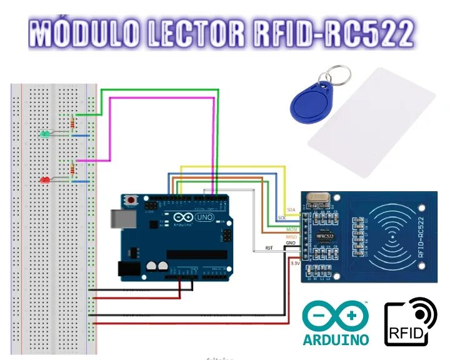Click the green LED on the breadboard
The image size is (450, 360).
pos(44,134)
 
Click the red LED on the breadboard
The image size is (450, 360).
pos(44,180)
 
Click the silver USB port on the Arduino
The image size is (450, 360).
pos(118,217)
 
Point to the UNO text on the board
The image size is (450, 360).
pos(205,217)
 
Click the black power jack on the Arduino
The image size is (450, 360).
pos(129,269)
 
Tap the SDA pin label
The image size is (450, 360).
pos(290,209)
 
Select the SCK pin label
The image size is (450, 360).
pos(281,217)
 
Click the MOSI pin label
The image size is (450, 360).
pos(292,230)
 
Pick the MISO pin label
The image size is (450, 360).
pos(292,237)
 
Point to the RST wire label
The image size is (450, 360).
pos(269,248)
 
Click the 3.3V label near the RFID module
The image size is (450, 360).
pos(294,264)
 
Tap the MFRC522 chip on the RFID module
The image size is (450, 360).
pos(324,237)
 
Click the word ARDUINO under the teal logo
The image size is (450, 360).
pos(336,340)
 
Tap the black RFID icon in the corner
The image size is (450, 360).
pos(410,322)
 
